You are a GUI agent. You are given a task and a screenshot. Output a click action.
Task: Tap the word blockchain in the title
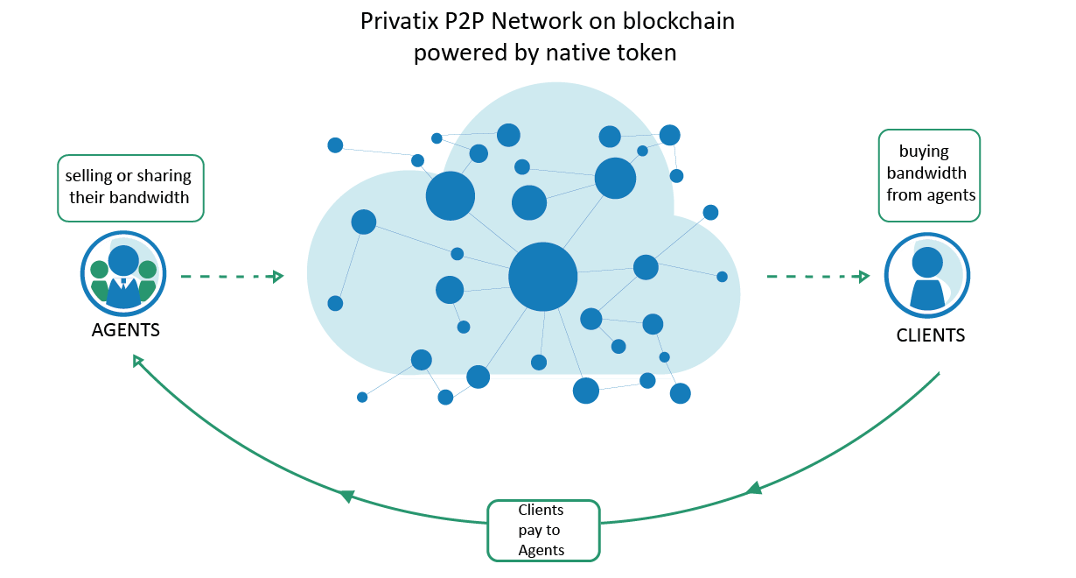[684, 22]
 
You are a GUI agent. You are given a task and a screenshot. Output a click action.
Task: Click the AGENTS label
[125, 331]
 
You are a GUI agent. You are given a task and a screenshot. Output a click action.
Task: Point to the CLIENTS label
[931, 335]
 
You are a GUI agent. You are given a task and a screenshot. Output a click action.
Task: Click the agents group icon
[123, 276]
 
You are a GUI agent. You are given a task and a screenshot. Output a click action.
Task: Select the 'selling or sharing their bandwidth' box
[129, 187]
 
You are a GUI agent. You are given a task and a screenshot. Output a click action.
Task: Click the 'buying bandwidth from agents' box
[929, 174]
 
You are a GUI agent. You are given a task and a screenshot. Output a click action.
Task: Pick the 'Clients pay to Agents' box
[542, 530]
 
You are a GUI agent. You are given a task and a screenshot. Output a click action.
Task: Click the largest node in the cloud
[543, 276]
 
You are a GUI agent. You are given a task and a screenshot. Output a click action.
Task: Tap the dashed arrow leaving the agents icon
[232, 277]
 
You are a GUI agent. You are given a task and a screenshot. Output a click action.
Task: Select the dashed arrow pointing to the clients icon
[818, 277]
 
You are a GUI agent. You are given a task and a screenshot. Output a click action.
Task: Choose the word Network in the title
[529, 22]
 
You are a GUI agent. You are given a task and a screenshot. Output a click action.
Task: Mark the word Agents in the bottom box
[541, 551]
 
